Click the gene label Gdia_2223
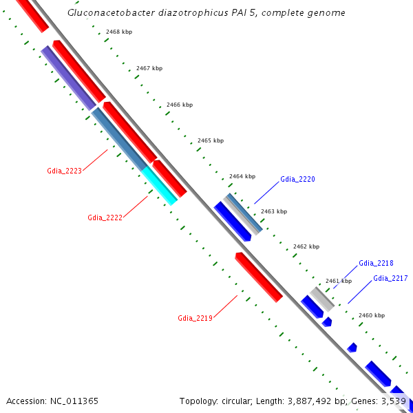64,171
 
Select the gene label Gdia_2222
105,218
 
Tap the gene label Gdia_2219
195,318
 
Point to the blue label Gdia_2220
297,179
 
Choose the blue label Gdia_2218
376,263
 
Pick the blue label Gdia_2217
390,278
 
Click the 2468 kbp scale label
119,32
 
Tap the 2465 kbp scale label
211,140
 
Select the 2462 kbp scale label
306,246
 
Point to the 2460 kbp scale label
372,315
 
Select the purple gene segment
68,78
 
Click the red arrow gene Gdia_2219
259,277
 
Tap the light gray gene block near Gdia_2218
321,299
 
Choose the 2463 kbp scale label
274,211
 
